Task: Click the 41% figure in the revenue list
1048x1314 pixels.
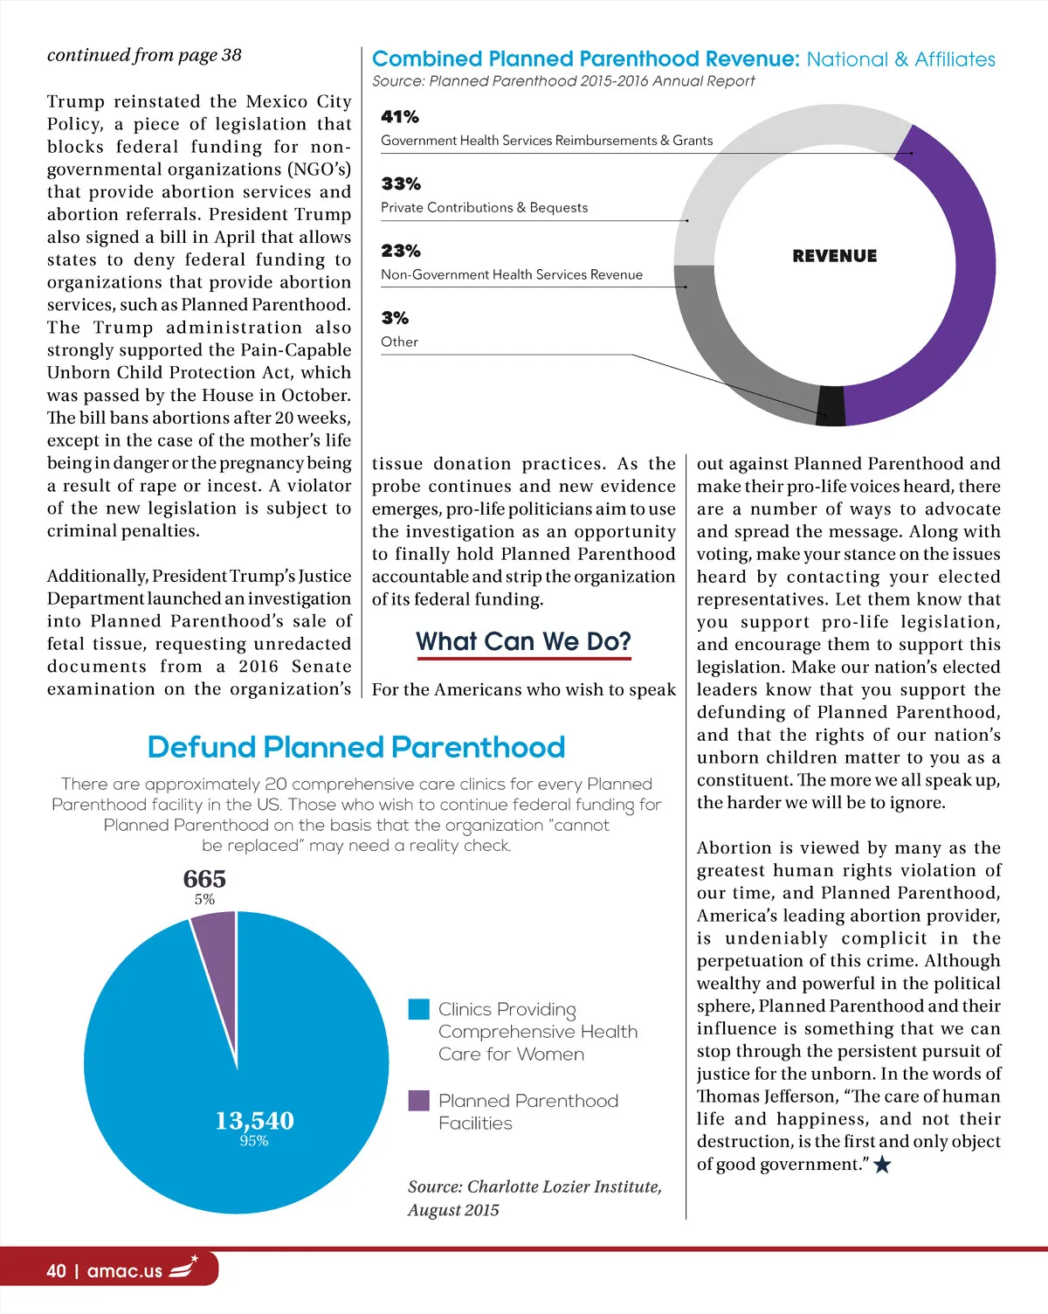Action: point(400,117)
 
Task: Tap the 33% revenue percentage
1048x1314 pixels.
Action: point(401,184)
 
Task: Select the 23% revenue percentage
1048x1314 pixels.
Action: point(401,252)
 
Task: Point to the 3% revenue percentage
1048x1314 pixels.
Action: point(395,318)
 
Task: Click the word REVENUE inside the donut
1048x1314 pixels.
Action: point(835,256)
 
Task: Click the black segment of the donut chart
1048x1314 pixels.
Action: point(831,405)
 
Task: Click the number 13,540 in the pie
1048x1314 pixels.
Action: point(254,1121)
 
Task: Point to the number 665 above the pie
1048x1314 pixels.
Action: point(204,879)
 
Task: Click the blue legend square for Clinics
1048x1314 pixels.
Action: point(419,1009)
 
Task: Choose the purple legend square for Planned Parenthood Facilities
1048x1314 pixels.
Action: point(419,1101)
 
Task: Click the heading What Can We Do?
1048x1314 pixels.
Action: point(523,642)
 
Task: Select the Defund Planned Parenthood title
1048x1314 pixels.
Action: point(356,747)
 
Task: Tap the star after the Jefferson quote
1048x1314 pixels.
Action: point(882,1165)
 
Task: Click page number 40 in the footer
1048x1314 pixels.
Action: point(56,1271)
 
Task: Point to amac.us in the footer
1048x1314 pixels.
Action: point(125,1271)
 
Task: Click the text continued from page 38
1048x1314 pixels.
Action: point(144,55)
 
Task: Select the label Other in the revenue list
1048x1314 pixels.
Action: point(399,342)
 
